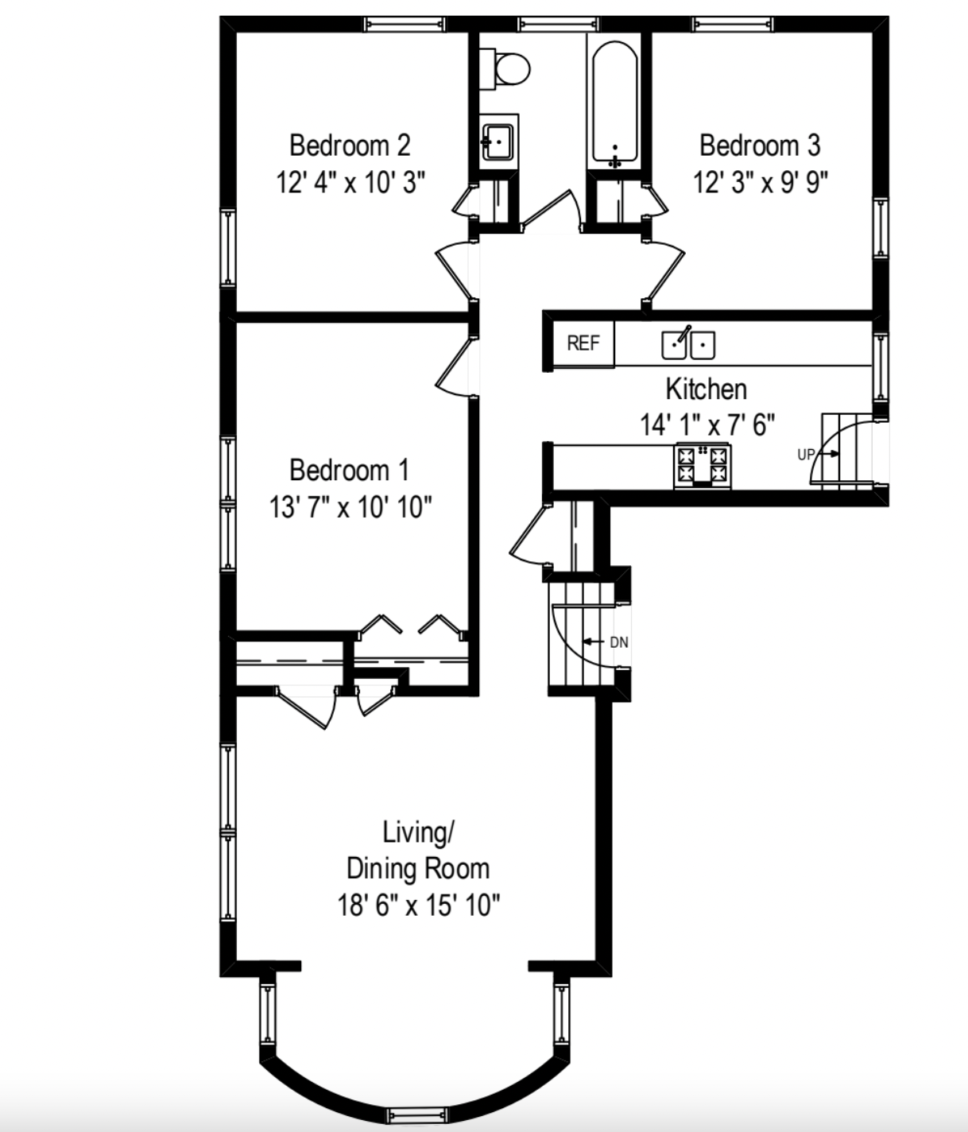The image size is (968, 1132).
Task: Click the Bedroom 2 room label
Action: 350,146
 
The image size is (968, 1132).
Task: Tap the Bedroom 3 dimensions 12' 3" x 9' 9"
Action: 761,183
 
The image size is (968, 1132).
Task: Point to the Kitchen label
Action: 706,390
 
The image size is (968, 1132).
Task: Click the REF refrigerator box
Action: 583,343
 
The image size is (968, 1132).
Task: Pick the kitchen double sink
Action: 688,343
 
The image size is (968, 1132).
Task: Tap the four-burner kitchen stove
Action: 702,466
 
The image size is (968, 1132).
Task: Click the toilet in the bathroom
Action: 509,68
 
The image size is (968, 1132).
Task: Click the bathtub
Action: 614,103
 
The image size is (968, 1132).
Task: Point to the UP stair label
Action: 806,455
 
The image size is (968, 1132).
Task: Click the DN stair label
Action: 618,642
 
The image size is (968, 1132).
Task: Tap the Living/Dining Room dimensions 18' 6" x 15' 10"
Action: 419,905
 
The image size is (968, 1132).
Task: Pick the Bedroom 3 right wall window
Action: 881,227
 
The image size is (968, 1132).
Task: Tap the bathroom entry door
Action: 550,210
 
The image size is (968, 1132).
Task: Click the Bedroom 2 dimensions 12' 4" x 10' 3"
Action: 350,183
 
